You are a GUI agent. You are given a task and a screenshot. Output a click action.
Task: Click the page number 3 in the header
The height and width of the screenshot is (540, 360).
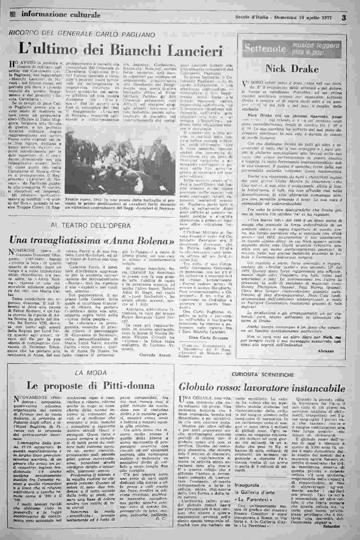coord(344,18)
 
